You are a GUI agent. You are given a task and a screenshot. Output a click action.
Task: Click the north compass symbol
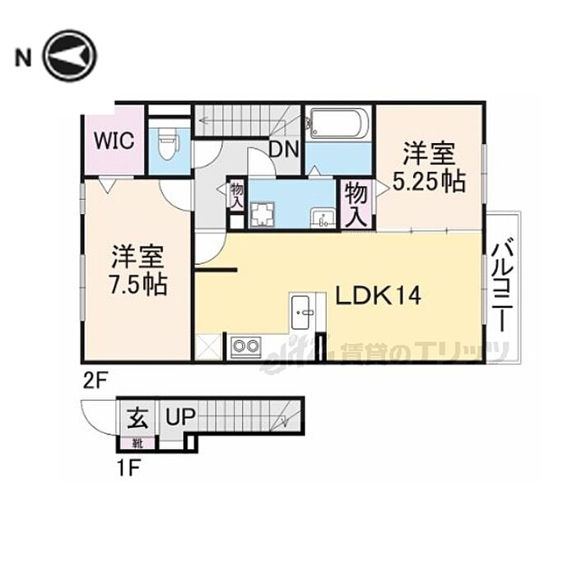(x=70, y=57)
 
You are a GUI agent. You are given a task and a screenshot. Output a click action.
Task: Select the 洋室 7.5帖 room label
(x=137, y=272)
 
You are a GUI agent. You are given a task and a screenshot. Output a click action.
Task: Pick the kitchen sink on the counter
(x=302, y=310)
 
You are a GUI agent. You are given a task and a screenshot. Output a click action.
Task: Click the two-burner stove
(x=244, y=346)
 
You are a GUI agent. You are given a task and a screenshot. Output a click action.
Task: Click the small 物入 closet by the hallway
(x=236, y=196)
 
